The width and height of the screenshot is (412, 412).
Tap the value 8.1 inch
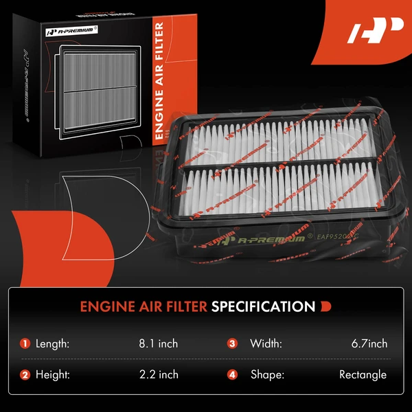tap(158, 343)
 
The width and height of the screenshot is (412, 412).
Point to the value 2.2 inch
tap(158, 374)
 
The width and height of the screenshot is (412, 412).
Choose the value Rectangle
tap(363, 374)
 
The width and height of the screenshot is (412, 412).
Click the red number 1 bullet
tap(25, 343)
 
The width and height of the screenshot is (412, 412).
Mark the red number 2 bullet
tap(25, 374)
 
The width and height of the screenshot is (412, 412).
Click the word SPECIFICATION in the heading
tap(263, 306)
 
